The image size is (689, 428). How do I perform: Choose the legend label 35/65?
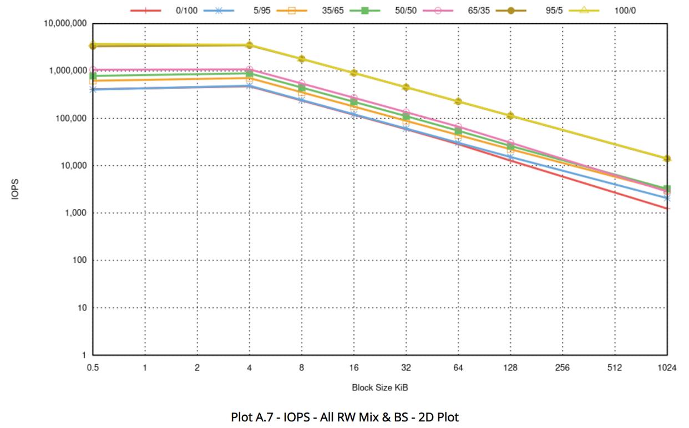[x=333, y=10]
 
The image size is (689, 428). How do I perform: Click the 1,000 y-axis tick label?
[x=74, y=213]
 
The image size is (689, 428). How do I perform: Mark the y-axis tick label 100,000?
[x=69, y=119]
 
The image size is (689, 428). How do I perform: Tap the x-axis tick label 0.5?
[x=93, y=368]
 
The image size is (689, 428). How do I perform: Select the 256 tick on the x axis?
[x=563, y=368]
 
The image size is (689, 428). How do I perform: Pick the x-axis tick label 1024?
[x=667, y=368]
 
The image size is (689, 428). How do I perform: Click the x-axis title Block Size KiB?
[x=380, y=388]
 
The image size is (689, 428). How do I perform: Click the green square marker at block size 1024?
[x=667, y=189]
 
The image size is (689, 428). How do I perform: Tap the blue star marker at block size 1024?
[x=667, y=198]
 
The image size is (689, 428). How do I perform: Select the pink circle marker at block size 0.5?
[x=93, y=70]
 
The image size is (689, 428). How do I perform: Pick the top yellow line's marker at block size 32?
[x=406, y=88]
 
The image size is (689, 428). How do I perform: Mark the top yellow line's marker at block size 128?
[x=510, y=116]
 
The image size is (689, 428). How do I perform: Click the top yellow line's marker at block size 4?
[x=250, y=45]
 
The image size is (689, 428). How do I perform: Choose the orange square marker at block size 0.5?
[x=93, y=81]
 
